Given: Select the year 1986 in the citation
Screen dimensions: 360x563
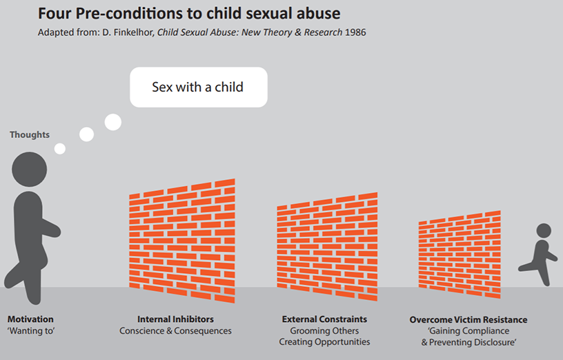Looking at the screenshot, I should coord(355,33).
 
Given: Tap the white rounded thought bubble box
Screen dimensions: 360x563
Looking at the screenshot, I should coord(198,87).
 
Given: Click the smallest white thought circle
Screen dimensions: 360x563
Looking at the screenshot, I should coord(60,148).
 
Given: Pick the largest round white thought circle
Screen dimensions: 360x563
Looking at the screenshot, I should coord(112,123).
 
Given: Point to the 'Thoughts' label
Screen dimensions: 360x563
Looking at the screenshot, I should coord(30,134).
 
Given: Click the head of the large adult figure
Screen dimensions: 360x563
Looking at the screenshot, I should coord(30,170).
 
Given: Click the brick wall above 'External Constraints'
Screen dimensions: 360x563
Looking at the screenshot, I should coord(326,246).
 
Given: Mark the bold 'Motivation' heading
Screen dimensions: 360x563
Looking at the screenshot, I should coord(30,319).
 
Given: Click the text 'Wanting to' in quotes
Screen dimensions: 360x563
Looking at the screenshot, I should coord(30,331).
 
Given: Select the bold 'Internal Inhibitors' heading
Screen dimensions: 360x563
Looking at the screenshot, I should coord(175,319).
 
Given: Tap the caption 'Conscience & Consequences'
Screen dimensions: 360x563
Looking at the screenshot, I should coord(175,331).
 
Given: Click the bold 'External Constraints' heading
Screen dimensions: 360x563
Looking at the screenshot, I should coord(324,319).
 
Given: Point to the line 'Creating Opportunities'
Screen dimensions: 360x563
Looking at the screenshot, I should coord(324,342).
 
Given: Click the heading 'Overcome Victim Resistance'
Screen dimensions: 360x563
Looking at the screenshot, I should coord(468,320).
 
